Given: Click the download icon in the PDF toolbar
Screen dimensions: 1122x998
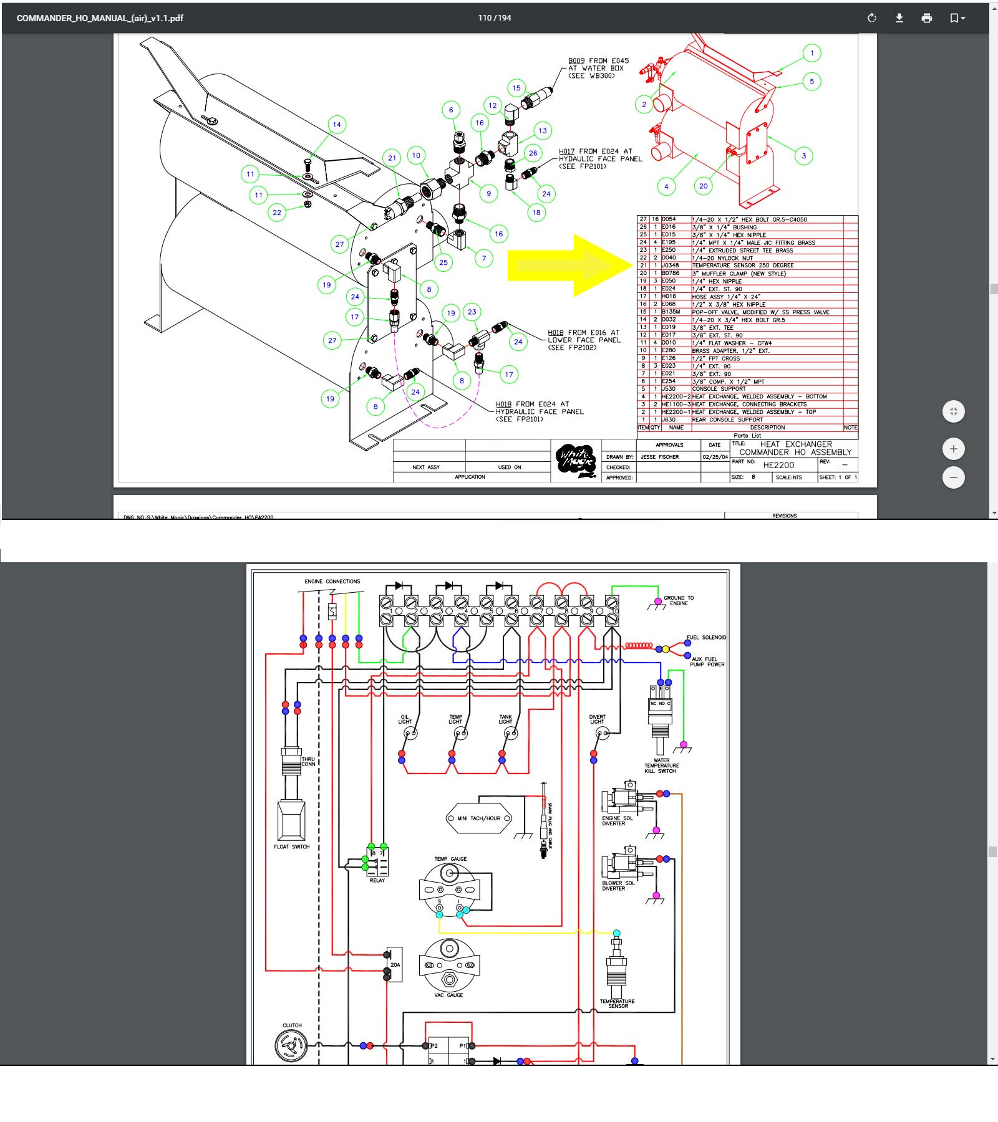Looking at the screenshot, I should [x=899, y=18].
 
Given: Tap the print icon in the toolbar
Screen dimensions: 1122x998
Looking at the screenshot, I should [x=927, y=18].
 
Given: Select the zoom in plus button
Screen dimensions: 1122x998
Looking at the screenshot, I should [x=953, y=449].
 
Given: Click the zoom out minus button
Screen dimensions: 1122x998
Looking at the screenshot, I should [x=953, y=477].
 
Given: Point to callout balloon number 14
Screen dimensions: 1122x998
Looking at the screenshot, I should [x=337, y=125].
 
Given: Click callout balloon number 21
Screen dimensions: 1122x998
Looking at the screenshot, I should [x=392, y=158].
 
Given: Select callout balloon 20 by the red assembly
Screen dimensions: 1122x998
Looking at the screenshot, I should [x=704, y=186].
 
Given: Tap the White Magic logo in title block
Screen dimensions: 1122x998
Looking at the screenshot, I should [x=575, y=461].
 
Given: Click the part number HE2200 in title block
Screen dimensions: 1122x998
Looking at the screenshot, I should [x=778, y=465].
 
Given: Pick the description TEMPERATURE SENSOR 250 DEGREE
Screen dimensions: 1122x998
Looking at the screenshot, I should [x=743, y=266].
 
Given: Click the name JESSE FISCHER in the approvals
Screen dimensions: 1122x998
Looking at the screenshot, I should [x=660, y=457].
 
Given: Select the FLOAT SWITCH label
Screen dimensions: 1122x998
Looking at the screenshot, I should [x=291, y=846].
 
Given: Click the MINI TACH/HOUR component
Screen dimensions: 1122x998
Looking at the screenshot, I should [x=479, y=818].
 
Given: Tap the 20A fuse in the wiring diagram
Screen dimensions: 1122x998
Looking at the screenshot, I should [x=395, y=964].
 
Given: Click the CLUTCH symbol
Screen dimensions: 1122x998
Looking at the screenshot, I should [x=291, y=1045].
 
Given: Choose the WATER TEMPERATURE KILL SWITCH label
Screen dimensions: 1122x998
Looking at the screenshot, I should [x=661, y=765].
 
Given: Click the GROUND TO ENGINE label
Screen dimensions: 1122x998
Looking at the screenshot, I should [x=679, y=600].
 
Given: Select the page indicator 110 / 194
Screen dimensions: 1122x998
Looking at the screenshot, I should [x=495, y=18].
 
